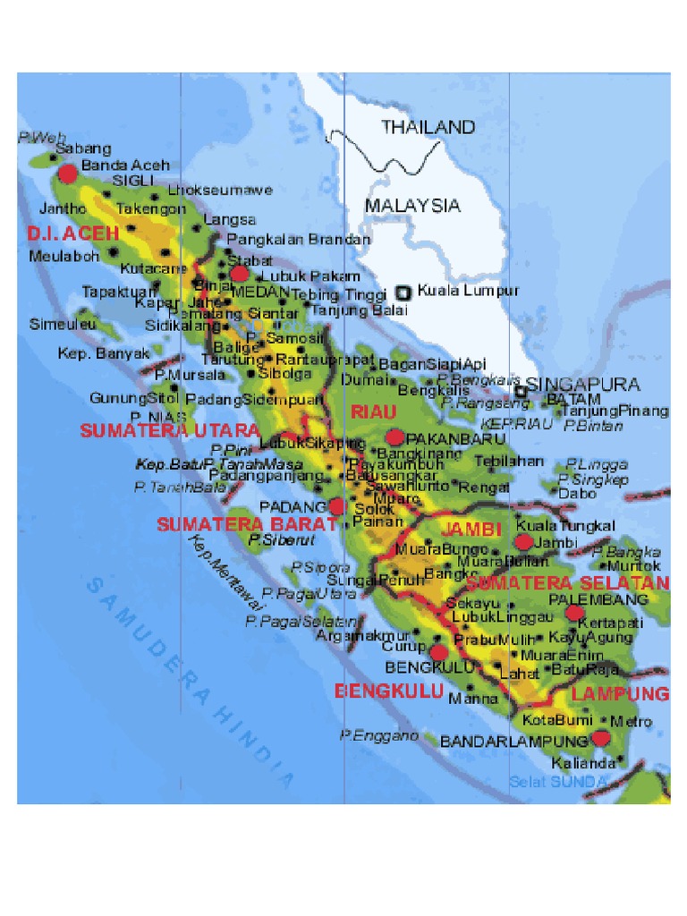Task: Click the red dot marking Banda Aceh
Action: point(68,173)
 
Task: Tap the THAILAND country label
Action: point(428,127)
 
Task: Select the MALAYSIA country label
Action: point(412,206)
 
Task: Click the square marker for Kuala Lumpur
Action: point(403,292)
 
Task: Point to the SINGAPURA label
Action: point(582,385)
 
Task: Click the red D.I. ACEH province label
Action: point(72,233)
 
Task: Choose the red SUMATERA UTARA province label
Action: point(170,430)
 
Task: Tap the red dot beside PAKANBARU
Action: point(394,437)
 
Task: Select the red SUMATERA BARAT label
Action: point(248,525)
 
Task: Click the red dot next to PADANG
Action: point(336,506)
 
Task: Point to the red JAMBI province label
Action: point(471,529)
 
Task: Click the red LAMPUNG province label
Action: point(620,694)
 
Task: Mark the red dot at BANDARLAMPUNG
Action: point(599,738)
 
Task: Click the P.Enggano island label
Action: point(378,735)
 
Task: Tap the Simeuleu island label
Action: point(62,324)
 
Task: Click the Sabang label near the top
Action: point(83,148)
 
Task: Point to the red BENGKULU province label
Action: point(389,691)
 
